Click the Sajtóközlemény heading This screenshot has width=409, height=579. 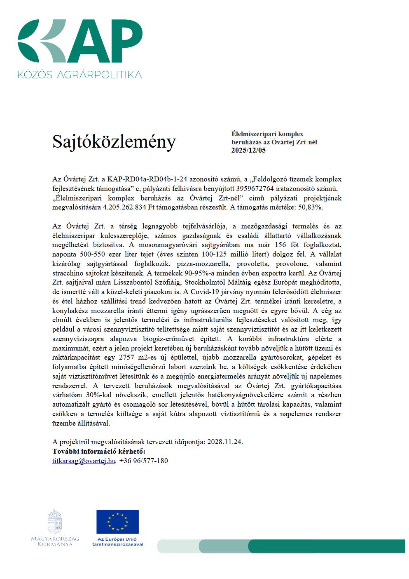tap(114, 142)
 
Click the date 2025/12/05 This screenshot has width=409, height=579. tap(249, 151)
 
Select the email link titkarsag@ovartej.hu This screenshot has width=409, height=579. tap(84, 461)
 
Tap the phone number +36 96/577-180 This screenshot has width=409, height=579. tap(143, 461)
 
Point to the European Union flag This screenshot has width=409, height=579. tap(117, 521)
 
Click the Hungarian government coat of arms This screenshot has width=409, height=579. tap(55, 521)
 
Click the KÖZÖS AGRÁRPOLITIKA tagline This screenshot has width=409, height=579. tap(79, 75)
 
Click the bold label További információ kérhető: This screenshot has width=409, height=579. tap(99, 451)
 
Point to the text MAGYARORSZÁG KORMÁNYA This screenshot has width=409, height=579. tap(55, 541)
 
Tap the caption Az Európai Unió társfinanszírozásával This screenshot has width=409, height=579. tap(117, 542)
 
